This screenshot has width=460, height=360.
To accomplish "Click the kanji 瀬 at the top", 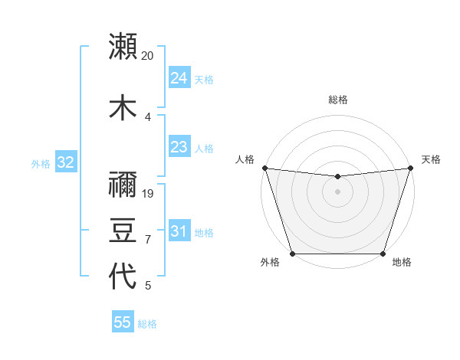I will pos(123,46).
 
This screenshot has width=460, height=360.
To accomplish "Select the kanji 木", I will pos(123,107).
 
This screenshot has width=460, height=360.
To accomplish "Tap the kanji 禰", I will pos(123,183).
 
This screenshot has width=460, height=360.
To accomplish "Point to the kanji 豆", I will pos(123,230).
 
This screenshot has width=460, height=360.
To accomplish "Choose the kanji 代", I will pos(123,276).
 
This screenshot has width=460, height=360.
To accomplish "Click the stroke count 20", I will pos(148,56).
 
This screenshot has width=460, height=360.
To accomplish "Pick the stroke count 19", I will pos(148,193).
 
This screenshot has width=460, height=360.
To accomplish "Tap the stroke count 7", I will pos(148,240).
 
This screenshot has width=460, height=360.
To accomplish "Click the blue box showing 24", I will pos(179,78).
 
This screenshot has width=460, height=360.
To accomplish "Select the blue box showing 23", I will pos(179,147).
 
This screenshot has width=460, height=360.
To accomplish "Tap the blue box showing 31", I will pos(179,231).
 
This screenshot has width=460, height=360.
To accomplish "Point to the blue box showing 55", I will pos(123,322).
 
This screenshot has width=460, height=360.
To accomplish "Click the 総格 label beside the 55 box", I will pos(147,324).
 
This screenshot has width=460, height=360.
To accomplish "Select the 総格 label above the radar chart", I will pos(337,100).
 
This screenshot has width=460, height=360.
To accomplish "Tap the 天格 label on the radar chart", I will pos(431,159).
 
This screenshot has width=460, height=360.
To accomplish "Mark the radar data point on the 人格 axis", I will pos(264,168).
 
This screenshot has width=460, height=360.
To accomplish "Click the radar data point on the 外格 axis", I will pos(293,254).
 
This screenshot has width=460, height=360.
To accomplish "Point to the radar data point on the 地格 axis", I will pos(383,254).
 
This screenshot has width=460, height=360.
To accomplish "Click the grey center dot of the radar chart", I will pos(337,191).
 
